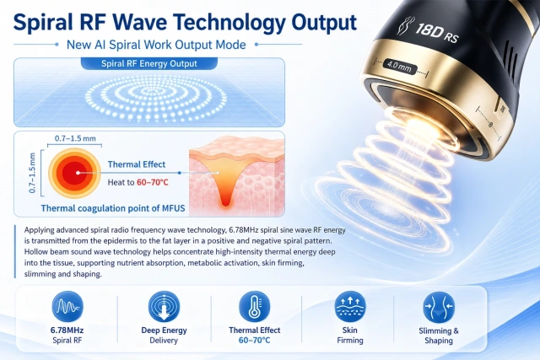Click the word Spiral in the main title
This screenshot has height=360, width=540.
[43, 23]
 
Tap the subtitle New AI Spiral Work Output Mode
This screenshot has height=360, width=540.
[156, 45]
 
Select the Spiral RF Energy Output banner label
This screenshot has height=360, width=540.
[149, 64]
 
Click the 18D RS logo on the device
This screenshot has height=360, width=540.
[429, 30]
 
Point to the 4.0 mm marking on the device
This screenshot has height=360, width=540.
[399, 66]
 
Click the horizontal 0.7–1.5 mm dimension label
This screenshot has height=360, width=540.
[75, 138]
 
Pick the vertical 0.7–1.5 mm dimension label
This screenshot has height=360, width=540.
[32, 173]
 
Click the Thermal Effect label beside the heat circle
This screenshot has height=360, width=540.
[137, 164]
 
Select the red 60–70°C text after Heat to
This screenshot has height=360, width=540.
[153, 182]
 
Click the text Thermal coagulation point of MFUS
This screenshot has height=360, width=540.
[113, 208]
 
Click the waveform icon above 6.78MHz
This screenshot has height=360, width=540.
[67, 307]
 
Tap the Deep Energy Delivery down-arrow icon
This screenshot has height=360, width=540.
[164, 307]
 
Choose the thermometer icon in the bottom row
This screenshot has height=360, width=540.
[255, 307]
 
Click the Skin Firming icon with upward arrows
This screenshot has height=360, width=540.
[350, 307]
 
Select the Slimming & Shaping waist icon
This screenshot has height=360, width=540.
[439, 308]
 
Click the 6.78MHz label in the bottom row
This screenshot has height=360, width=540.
[67, 330]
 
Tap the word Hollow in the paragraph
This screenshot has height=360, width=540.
[35, 251]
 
